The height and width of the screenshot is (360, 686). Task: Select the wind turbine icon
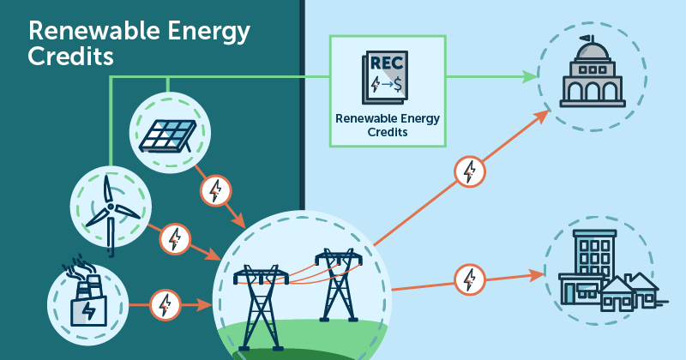110,210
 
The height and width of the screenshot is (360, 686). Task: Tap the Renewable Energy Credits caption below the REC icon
388,125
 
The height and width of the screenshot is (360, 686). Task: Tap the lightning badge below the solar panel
215,190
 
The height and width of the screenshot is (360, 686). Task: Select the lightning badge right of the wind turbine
175,238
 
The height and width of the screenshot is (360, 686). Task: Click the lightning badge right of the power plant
164,303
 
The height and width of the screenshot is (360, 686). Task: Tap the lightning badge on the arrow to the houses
469,279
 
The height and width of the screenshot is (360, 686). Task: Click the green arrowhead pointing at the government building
529,76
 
